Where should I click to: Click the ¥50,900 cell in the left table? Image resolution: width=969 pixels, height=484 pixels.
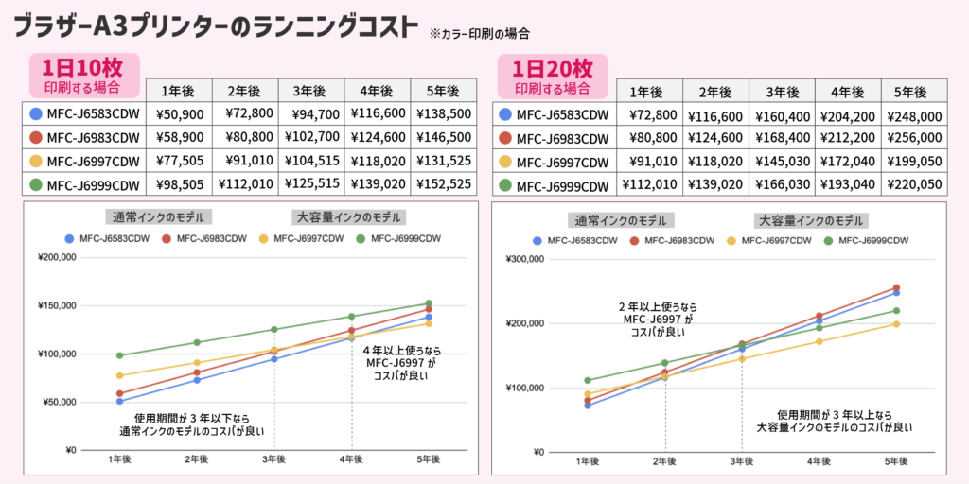[177, 113]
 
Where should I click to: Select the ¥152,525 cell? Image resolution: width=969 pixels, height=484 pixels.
[442, 184]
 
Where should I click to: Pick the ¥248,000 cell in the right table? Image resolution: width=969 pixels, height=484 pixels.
[914, 115]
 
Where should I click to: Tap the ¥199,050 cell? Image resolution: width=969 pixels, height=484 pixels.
[914, 163]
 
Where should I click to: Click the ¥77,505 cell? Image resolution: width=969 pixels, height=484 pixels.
[177, 161]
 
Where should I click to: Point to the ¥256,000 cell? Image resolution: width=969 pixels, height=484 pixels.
[914, 139]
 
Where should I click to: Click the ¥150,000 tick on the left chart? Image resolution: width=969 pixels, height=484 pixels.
[58, 305]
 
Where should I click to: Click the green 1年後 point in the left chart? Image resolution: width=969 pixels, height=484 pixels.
[118, 355]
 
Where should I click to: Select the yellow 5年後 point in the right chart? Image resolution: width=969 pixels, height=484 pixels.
[896, 324]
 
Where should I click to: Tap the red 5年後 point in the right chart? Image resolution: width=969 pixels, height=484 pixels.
[896, 288]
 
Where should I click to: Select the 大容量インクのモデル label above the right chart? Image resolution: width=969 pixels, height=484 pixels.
[811, 220]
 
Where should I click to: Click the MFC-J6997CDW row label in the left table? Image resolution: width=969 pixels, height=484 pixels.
[92, 161]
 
